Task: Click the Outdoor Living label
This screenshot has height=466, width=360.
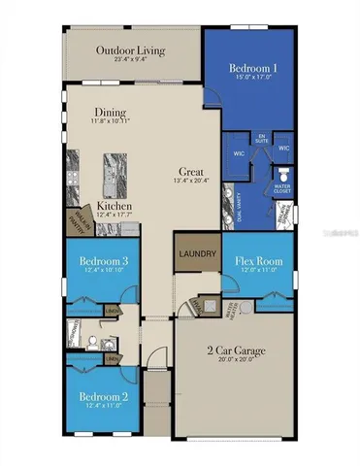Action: pyautogui.click(x=130, y=50)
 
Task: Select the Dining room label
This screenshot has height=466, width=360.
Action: pyautogui.click(x=112, y=112)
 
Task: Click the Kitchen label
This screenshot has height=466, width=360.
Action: pyautogui.click(x=115, y=207)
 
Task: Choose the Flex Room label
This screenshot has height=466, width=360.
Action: pyautogui.click(x=257, y=260)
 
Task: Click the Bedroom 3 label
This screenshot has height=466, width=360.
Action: pyautogui.click(x=98, y=262)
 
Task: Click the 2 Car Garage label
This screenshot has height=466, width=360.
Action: pyautogui.click(x=232, y=349)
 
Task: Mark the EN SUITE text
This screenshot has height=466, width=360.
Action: pyautogui.click(x=261, y=138)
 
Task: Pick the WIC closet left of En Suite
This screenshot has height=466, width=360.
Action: pyautogui.click(x=238, y=153)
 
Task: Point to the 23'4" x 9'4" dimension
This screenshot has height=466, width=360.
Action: pyautogui.click(x=130, y=60)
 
